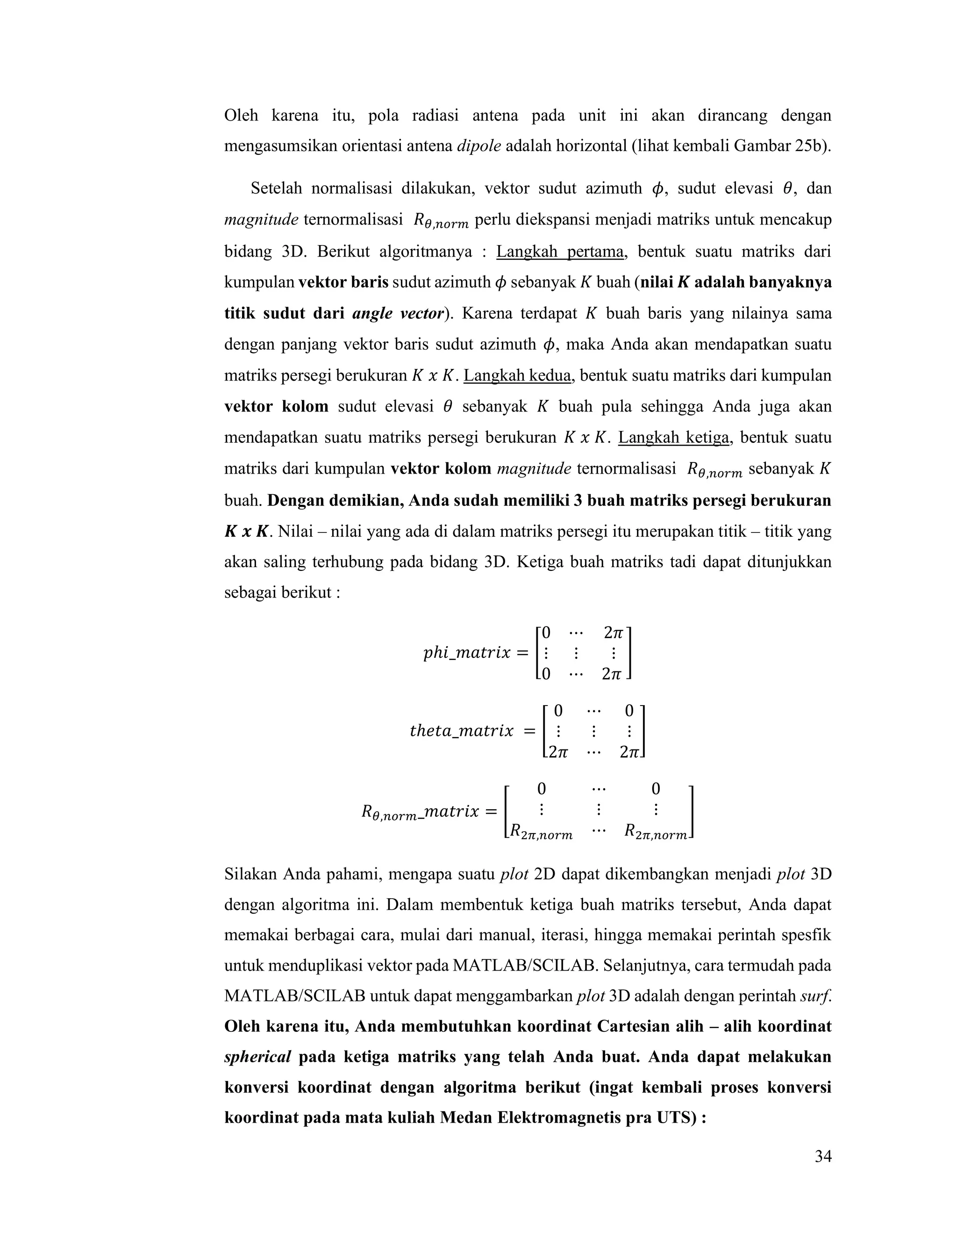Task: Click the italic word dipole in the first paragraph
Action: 478,146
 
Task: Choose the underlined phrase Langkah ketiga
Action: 673,438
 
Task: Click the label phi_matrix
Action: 467,653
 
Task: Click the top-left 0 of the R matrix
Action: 542,789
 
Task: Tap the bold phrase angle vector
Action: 398,314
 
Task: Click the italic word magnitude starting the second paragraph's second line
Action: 261,220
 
